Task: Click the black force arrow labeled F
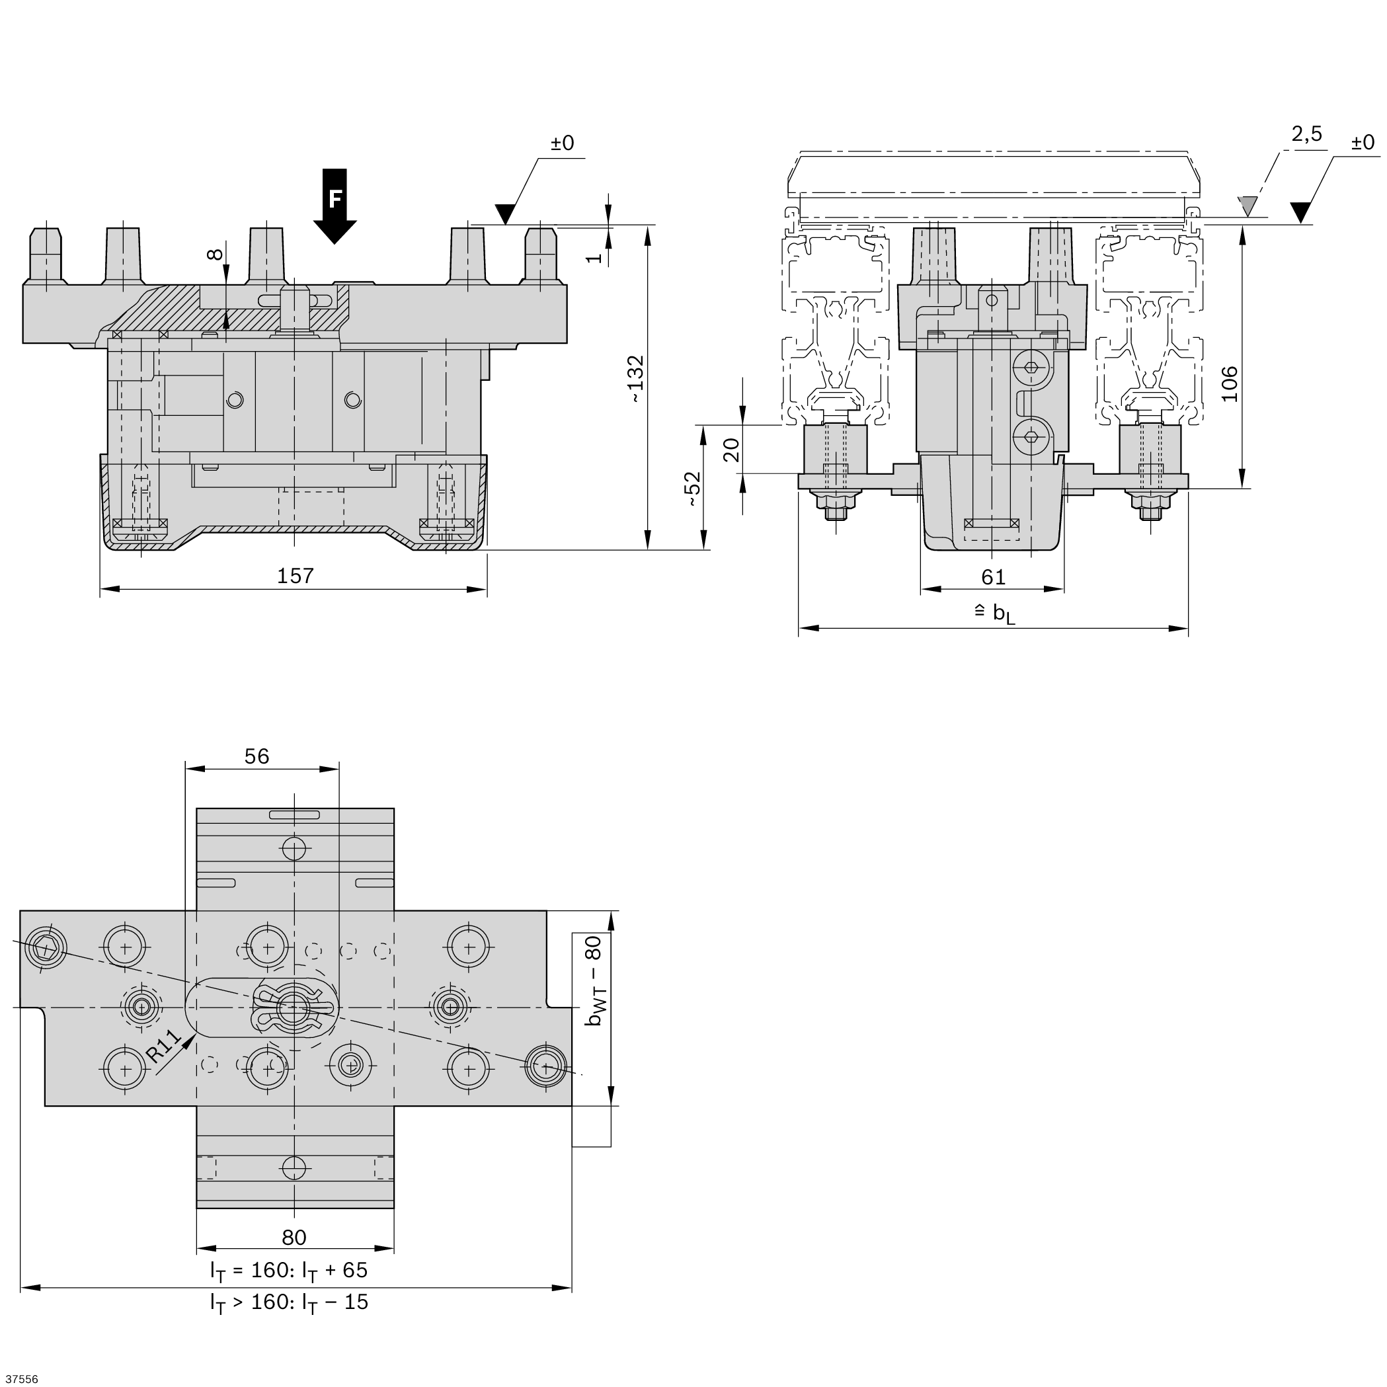(335, 206)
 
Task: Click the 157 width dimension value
(295, 576)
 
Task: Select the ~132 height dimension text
(635, 378)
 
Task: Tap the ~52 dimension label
(692, 489)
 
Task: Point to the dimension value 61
(993, 576)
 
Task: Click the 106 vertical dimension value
(1230, 384)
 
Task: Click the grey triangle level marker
(1248, 207)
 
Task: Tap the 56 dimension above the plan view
(257, 756)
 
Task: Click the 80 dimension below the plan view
(294, 1237)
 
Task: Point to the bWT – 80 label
(594, 981)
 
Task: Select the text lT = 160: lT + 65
(290, 1270)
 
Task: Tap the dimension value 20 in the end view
(730, 450)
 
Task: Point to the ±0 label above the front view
(562, 143)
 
